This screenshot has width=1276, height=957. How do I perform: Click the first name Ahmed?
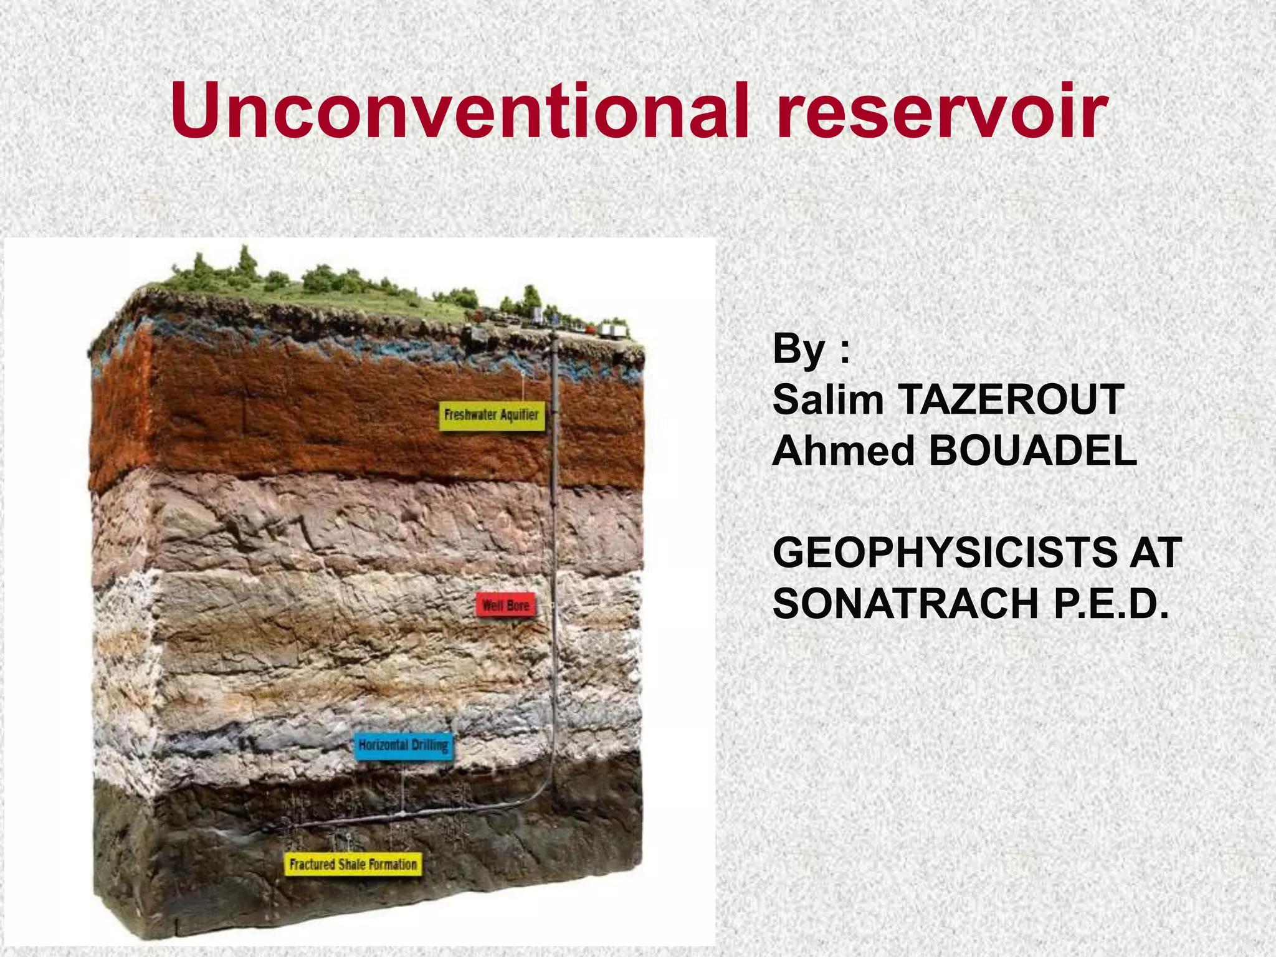843,450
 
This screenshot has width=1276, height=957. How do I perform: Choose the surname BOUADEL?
1033,450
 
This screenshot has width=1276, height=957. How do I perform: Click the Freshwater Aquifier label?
492,415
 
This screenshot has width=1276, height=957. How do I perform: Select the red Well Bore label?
505,605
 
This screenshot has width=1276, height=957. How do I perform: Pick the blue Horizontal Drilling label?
403,745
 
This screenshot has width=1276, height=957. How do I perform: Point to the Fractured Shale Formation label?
353,865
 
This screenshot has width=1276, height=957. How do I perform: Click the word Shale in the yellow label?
353,865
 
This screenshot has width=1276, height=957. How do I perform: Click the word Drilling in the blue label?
429,745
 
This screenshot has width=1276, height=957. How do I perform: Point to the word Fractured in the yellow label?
312,865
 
